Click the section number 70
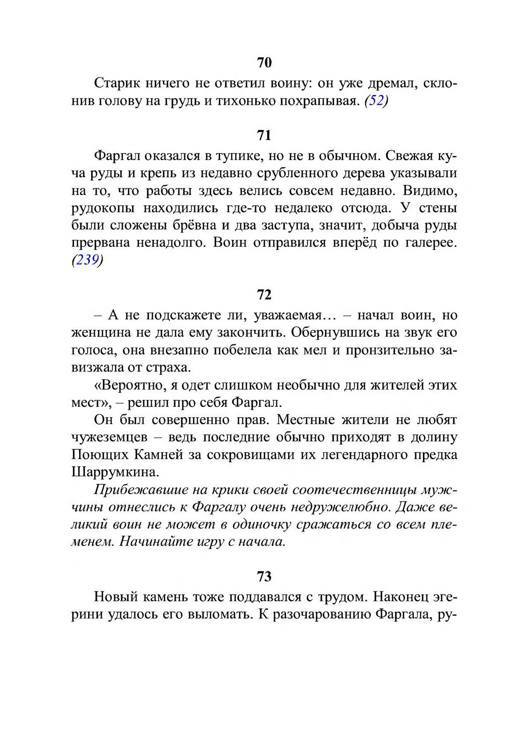coord(264,63)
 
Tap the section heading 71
coord(264,134)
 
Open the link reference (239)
coord(87,261)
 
